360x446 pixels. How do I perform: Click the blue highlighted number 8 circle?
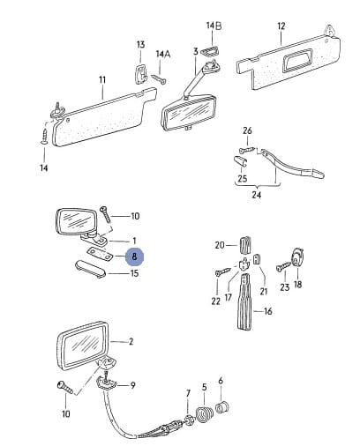point(134,256)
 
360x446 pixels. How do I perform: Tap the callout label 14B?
point(214,26)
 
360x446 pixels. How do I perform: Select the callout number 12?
point(281,26)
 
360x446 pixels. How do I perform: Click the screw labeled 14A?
point(159,79)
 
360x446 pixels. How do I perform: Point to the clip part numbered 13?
point(141,74)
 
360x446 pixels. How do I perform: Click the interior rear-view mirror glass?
point(188,112)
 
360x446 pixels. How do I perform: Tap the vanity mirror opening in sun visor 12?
point(296,60)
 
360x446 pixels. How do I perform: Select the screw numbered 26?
point(246,150)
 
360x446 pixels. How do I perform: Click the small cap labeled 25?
point(240,161)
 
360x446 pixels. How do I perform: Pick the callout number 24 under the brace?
point(256,195)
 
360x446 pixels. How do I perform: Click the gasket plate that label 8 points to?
point(100,254)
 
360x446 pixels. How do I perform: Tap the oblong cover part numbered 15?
point(90,269)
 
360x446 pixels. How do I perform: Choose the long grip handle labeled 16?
point(245,301)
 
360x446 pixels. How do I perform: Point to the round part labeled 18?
point(297,257)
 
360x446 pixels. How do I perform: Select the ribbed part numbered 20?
point(246,244)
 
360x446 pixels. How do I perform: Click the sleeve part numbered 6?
point(222,407)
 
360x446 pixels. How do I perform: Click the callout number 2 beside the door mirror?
point(131,342)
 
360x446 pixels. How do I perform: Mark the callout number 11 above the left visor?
point(102,79)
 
